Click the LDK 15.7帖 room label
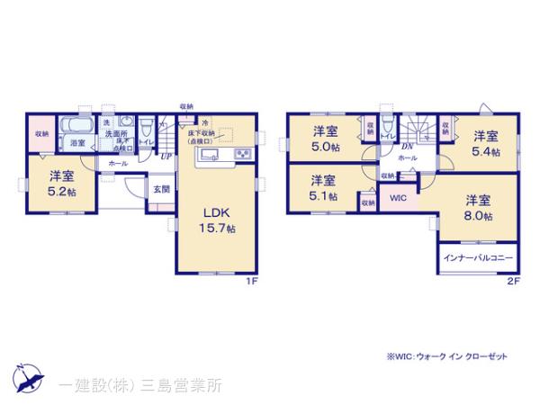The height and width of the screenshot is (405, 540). (x=219, y=220)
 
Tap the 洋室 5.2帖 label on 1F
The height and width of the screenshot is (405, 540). (x=62, y=182)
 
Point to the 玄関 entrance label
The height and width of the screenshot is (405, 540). (x=161, y=189)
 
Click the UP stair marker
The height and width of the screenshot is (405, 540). (x=166, y=155)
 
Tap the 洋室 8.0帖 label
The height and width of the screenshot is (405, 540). (x=479, y=208)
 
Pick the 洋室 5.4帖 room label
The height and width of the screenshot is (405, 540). (x=487, y=141)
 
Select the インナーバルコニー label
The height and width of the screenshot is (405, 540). (x=479, y=258)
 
